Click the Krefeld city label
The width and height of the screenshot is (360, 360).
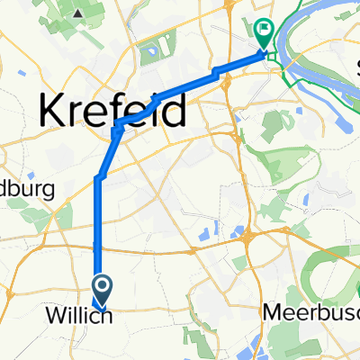click(112, 111)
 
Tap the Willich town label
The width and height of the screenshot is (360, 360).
click(78, 317)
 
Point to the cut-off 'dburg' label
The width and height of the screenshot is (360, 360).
click(27, 190)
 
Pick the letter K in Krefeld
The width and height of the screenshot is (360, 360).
click(53, 112)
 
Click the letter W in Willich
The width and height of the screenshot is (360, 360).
click(55, 317)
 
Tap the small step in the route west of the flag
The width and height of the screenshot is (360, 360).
click(216, 71)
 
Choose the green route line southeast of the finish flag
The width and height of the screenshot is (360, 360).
click(297, 81)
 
